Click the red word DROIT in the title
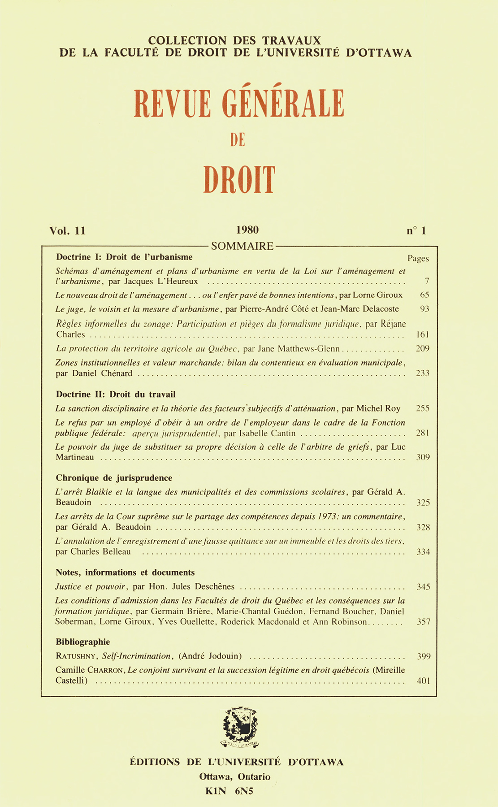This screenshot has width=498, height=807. (238, 180)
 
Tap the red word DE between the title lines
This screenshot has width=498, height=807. (238, 140)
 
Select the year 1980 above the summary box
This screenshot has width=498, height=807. (247, 230)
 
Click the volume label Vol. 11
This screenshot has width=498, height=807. (68, 231)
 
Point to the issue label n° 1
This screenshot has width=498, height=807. (416, 231)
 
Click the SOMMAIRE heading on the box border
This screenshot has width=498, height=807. (242, 246)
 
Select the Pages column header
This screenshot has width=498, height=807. (418, 259)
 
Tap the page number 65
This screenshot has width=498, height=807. (424, 295)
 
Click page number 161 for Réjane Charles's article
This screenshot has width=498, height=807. (422, 334)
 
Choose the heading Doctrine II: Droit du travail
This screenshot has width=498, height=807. (116, 395)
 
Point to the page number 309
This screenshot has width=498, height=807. (423, 458)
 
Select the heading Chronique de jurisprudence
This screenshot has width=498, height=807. (114, 478)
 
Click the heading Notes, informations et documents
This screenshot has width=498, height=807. (125, 573)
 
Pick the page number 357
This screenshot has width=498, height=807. (423, 622)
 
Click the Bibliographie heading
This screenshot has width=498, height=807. (83, 642)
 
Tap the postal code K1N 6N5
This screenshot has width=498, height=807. (230, 791)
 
